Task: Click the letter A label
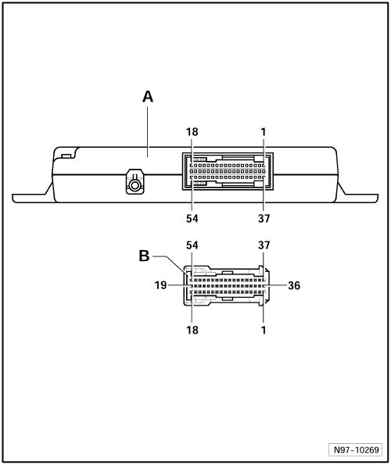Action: (148, 97)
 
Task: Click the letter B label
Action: (144, 256)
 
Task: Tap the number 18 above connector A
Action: (192, 132)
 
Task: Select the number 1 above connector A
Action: (264, 132)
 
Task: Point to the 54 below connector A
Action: (192, 219)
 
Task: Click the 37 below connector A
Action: (264, 219)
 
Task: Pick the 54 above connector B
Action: (192, 245)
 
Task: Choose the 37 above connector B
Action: (264, 245)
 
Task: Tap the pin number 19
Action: (160, 285)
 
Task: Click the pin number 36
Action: (294, 285)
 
